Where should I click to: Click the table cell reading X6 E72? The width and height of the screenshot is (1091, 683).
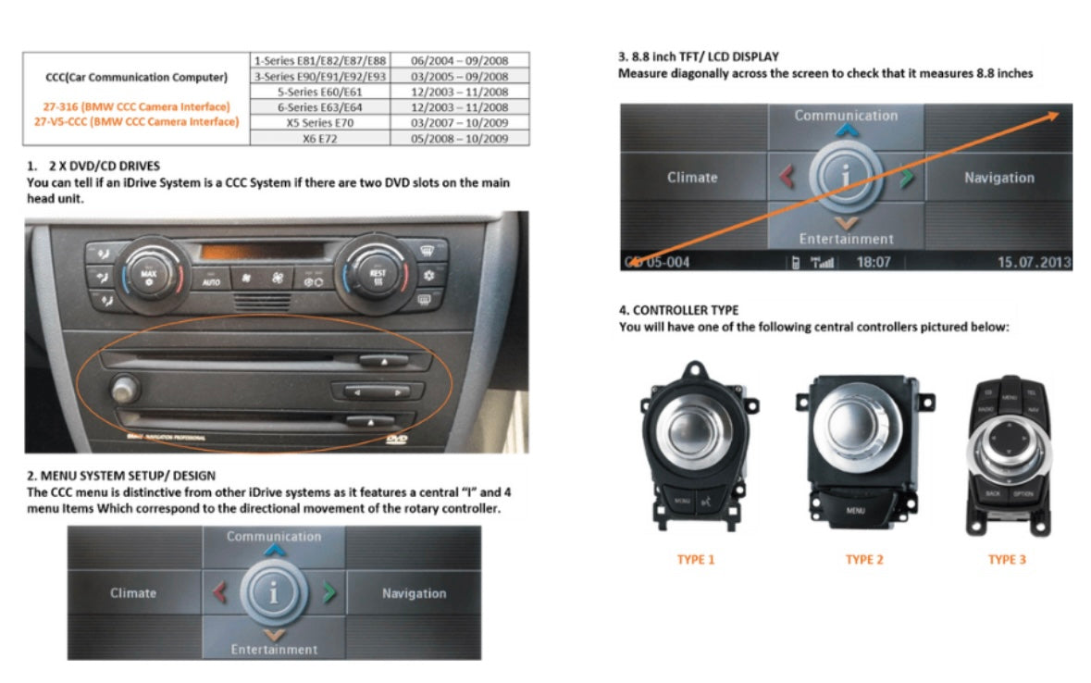pyautogui.click(x=320, y=138)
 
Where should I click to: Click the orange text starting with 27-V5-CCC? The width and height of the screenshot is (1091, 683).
pyautogui.click(x=136, y=121)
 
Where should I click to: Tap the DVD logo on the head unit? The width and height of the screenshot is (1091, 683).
pyautogui.click(x=397, y=441)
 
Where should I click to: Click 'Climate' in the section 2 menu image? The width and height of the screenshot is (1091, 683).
pyautogui.click(x=133, y=593)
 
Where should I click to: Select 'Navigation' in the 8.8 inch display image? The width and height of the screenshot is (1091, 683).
pyautogui.click(x=998, y=178)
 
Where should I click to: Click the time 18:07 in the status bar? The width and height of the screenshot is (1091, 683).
pyautogui.click(x=873, y=262)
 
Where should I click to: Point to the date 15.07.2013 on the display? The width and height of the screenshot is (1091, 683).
pyautogui.click(x=1033, y=262)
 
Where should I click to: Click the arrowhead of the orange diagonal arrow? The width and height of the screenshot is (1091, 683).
pyautogui.click(x=1053, y=115)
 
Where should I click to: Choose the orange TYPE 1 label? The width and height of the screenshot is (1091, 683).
pyautogui.click(x=696, y=560)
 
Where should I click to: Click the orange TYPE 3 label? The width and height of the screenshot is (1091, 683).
pyautogui.click(x=1007, y=560)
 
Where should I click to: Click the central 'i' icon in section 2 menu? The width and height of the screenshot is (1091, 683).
pyautogui.click(x=273, y=592)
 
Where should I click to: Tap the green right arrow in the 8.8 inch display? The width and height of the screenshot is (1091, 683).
pyautogui.click(x=906, y=177)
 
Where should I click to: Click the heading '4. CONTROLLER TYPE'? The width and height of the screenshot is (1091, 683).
pyautogui.click(x=678, y=310)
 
